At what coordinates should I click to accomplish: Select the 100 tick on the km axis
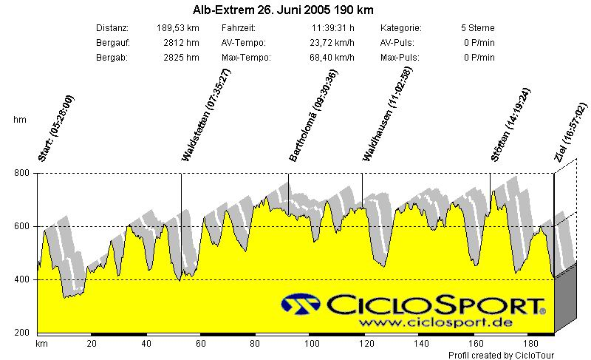click(312, 344)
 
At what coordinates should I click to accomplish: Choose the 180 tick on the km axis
click(530, 344)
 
